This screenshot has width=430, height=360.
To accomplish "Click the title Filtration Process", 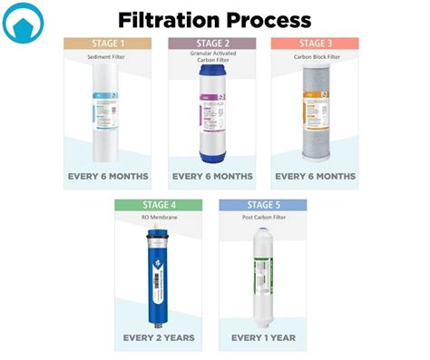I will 215,19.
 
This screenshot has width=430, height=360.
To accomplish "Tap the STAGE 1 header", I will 108,43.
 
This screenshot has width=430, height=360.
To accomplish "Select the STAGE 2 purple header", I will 211,43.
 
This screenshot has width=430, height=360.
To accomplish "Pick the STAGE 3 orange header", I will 315,43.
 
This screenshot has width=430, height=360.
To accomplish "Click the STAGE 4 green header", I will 159,205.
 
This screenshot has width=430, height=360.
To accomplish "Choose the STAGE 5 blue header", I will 263,205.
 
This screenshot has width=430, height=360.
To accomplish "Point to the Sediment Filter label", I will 108,57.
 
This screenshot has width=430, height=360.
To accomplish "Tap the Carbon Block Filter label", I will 315,57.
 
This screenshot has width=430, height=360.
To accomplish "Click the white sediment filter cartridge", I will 107,113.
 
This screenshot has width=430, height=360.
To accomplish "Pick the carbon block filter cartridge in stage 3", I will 315,113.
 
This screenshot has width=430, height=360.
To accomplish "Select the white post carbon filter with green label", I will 263,277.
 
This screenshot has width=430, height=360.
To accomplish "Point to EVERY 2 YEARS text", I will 159,337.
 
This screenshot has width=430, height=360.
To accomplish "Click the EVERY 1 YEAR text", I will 263,337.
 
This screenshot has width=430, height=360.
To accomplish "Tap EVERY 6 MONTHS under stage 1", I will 108,176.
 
